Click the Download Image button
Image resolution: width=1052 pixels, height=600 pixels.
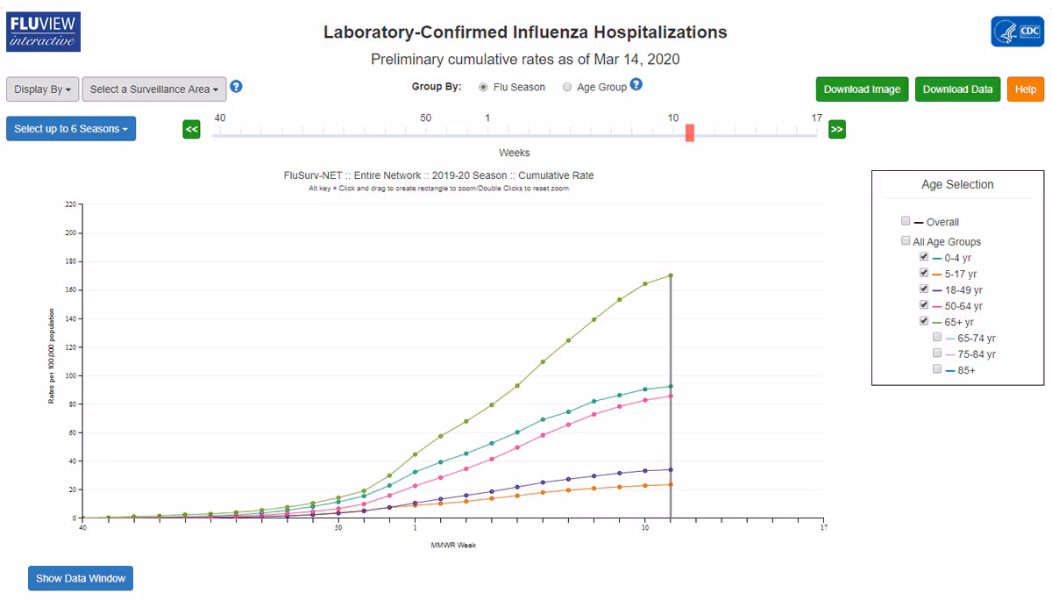click(x=862, y=89)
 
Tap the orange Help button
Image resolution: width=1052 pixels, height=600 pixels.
click(x=1026, y=89)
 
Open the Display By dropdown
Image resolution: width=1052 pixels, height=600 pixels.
click(x=43, y=89)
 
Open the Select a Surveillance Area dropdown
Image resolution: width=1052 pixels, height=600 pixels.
click(x=154, y=89)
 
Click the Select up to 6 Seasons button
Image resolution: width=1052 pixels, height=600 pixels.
click(x=71, y=129)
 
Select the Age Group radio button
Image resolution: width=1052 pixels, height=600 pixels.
click(x=567, y=88)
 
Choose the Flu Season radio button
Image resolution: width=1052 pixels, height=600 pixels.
click(x=484, y=88)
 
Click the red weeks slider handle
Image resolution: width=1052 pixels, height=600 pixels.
click(x=690, y=132)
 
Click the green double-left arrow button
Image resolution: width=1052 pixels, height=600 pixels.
click(x=192, y=130)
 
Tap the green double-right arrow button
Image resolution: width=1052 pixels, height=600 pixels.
click(x=837, y=130)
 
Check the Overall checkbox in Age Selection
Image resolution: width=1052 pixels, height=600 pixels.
click(x=906, y=222)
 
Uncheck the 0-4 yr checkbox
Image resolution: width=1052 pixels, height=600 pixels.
click(x=924, y=258)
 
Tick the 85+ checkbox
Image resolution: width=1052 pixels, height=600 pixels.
click(x=938, y=370)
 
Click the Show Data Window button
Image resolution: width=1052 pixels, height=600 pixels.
click(x=81, y=578)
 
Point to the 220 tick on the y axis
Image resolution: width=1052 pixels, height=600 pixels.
click(x=71, y=204)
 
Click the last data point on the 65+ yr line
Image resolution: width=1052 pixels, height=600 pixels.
click(x=671, y=275)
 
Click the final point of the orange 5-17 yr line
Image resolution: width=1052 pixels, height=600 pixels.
click(x=671, y=484)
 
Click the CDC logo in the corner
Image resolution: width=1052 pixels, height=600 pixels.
click(x=1017, y=32)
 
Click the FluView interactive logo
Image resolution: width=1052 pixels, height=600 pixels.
click(x=43, y=32)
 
